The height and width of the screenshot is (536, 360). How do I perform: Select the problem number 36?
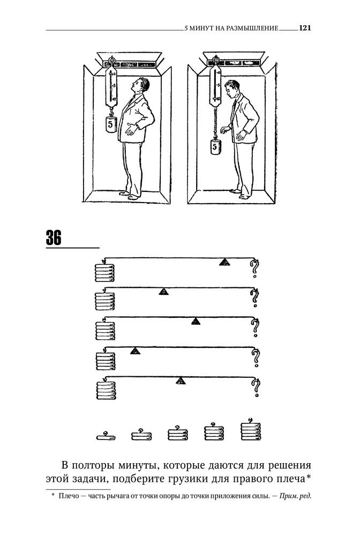54,237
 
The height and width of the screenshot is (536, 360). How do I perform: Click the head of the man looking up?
141,85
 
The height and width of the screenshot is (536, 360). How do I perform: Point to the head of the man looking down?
232,89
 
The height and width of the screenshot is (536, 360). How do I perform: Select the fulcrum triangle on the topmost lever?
225,262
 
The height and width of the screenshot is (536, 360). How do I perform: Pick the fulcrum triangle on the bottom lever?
181,381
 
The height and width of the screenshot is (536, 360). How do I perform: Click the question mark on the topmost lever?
255,267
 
